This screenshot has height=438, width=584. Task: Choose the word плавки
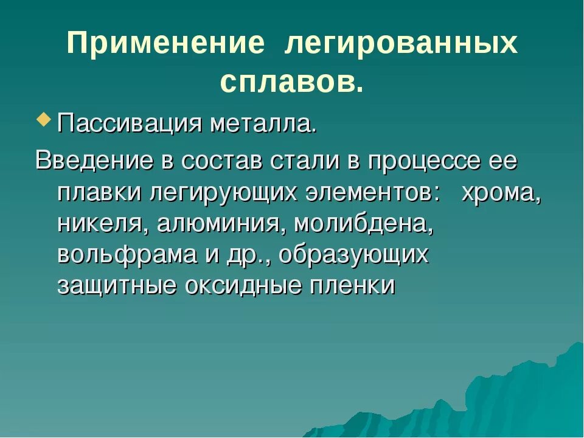click(x=98, y=193)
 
